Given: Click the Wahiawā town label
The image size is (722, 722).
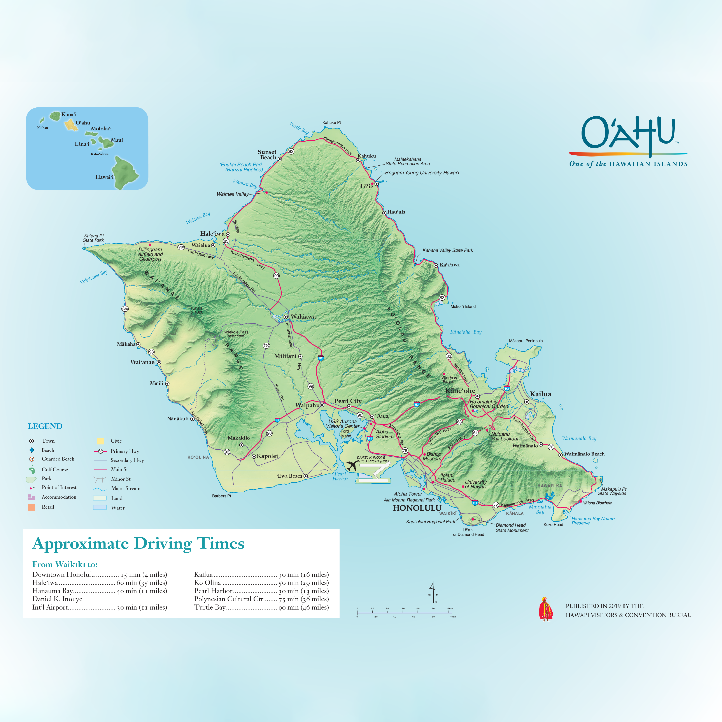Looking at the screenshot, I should pos(303,317).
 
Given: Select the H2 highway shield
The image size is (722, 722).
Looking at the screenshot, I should pos(320,358).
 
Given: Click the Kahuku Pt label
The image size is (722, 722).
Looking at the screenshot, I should pos(331,123).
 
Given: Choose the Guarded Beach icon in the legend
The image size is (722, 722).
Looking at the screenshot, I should pos(32,459).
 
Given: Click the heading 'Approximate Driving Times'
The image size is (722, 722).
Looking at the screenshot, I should pos(138,544).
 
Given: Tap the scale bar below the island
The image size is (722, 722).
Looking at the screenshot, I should pos(405,613).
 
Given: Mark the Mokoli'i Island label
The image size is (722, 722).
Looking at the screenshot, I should pos(463,307).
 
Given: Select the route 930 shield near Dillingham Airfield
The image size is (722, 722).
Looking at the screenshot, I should pos(181,247).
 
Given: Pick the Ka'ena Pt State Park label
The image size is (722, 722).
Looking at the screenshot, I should pos(93,238).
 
